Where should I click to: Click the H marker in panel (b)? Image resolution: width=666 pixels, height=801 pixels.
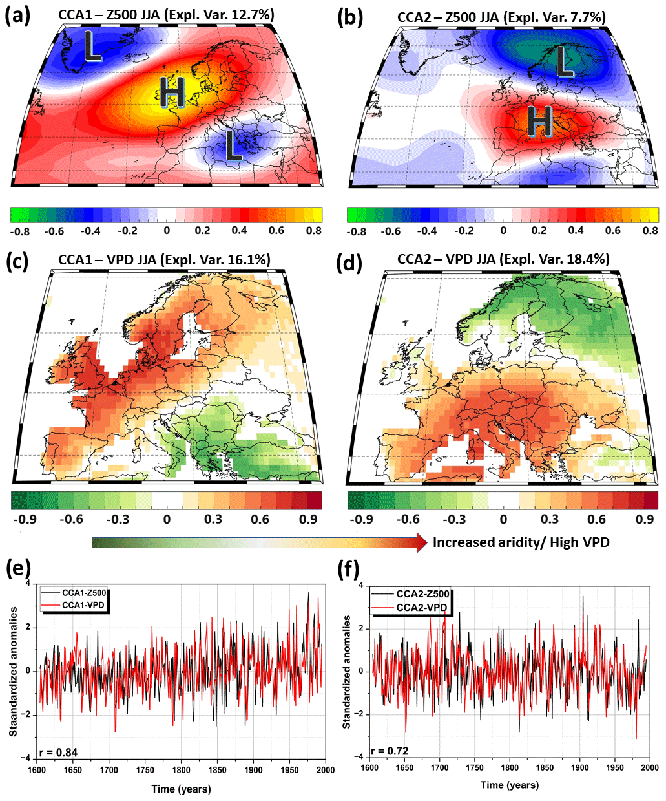[x=540, y=122]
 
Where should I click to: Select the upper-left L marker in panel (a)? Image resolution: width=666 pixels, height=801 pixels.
[x=92, y=47]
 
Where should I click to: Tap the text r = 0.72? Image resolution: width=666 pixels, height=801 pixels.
[x=390, y=752]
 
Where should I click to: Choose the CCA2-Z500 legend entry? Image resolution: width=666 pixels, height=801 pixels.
[x=422, y=594]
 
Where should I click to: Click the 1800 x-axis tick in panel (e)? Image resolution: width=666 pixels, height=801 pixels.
[x=182, y=770]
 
